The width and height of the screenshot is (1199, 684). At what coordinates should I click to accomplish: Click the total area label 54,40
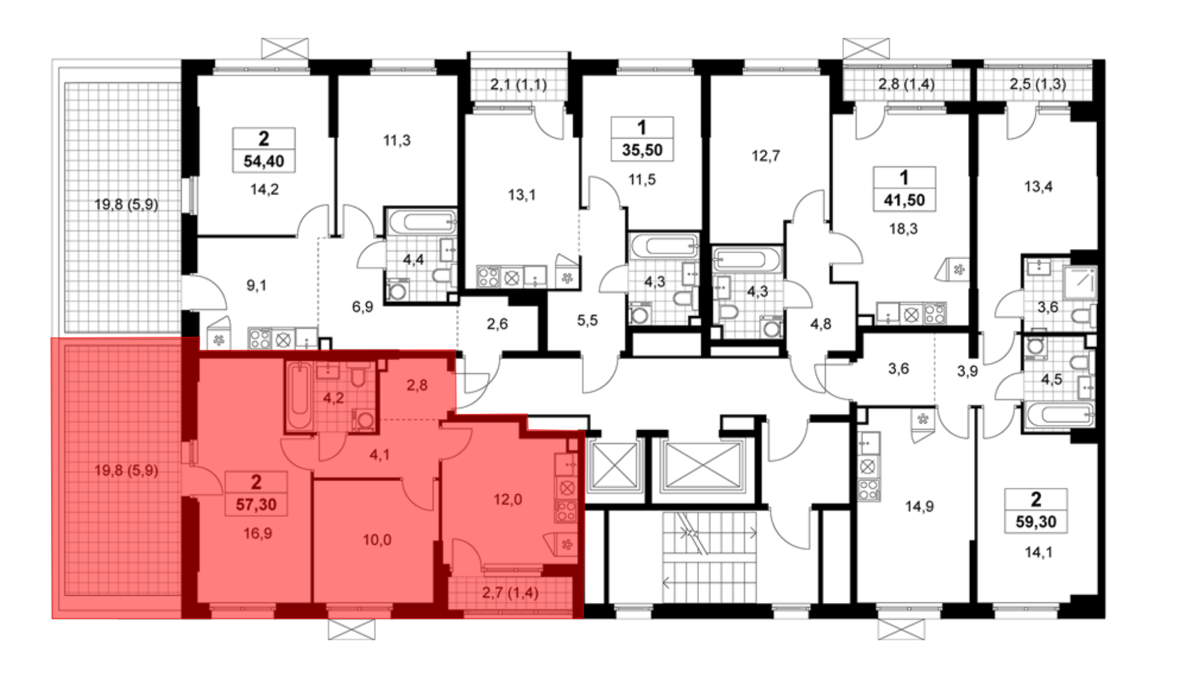pyautogui.click(x=264, y=161)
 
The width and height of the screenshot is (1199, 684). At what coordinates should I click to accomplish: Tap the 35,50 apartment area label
pyautogui.click(x=642, y=150)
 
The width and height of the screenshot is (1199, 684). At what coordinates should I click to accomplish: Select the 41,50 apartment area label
pyautogui.click(x=904, y=200)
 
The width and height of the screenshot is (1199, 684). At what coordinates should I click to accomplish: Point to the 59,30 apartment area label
pyautogui.click(x=1036, y=522)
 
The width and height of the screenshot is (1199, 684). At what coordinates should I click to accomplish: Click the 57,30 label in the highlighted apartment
pyautogui.click(x=256, y=505)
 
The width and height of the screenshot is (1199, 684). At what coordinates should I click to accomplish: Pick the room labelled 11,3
pyautogui.click(x=397, y=140)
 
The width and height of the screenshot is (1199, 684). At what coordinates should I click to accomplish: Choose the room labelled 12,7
pyautogui.click(x=766, y=156)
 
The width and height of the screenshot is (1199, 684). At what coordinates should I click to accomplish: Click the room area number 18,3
pyautogui.click(x=903, y=229)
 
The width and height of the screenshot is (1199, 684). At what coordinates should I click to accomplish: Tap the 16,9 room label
pyautogui.click(x=258, y=533)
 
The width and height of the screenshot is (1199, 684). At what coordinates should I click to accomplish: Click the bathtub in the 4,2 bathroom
pyautogui.click(x=299, y=397)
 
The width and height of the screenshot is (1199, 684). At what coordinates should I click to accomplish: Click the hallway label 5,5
pyautogui.click(x=588, y=320)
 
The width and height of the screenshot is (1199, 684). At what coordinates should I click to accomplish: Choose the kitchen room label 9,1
pyautogui.click(x=257, y=286)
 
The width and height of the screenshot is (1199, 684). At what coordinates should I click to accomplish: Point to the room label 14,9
pyautogui.click(x=919, y=506)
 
